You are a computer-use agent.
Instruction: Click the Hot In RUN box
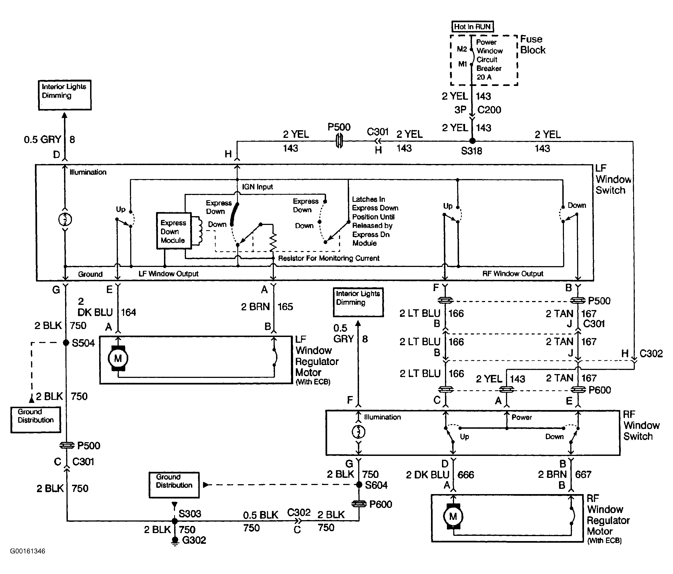(x=472, y=27)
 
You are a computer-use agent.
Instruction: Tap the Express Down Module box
(x=174, y=231)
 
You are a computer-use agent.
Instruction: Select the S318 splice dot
(x=472, y=141)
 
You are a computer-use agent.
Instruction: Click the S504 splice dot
(x=66, y=343)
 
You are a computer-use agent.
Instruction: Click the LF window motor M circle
(x=118, y=358)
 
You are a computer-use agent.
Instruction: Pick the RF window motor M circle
(x=453, y=517)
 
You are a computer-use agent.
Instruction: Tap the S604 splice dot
(x=359, y=485)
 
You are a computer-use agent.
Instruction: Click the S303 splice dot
(x=175, y=521)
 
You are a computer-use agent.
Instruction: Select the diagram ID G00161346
(x=28, y=551)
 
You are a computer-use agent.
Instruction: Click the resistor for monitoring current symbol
(x=273, y=242)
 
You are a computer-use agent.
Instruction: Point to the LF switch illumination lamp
(x=65, y=219)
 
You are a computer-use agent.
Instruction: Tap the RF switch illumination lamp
(x=358, y=432)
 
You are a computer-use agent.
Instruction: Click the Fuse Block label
(x=533, y=44)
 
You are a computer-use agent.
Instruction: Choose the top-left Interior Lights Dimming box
(x=65, y=95)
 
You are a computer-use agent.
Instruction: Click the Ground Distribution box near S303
(x=174, y=485)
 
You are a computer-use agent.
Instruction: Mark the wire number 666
(x=466, y=475)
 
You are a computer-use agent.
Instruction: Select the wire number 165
(x=285, y=307)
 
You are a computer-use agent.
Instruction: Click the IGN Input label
(x=257, y=187)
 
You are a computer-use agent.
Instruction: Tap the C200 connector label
(x=489, y=110)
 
